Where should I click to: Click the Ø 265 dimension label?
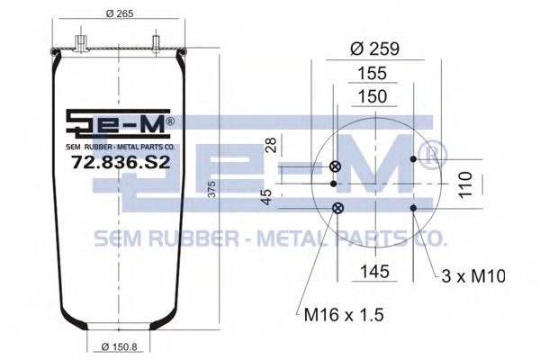[120, 13]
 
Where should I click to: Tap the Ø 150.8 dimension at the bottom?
[120, 346]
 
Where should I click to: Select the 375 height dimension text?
[212, 189]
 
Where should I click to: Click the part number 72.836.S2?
[121, 162]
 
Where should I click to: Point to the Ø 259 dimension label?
[374, 49]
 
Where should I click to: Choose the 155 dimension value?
[373, 74]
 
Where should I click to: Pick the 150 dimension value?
[373, 96]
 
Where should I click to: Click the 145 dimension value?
[374, 272]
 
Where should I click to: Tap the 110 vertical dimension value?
[465, 184]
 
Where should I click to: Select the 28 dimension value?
[272, 145]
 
